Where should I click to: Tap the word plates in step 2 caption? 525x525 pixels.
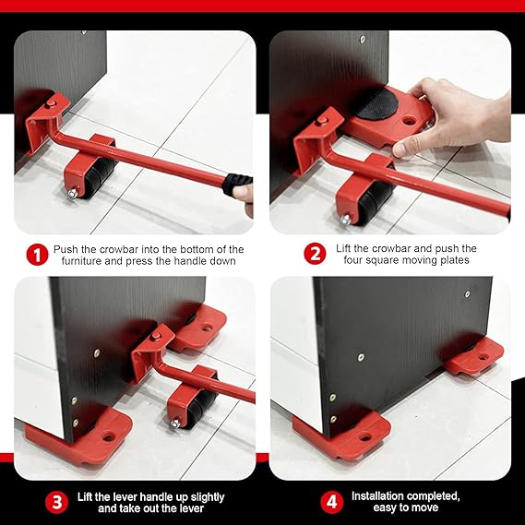click(x=456, y=262)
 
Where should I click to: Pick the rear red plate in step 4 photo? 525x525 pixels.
click(x=474, y=355)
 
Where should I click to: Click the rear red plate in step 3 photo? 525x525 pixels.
click(x=201, y=328)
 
